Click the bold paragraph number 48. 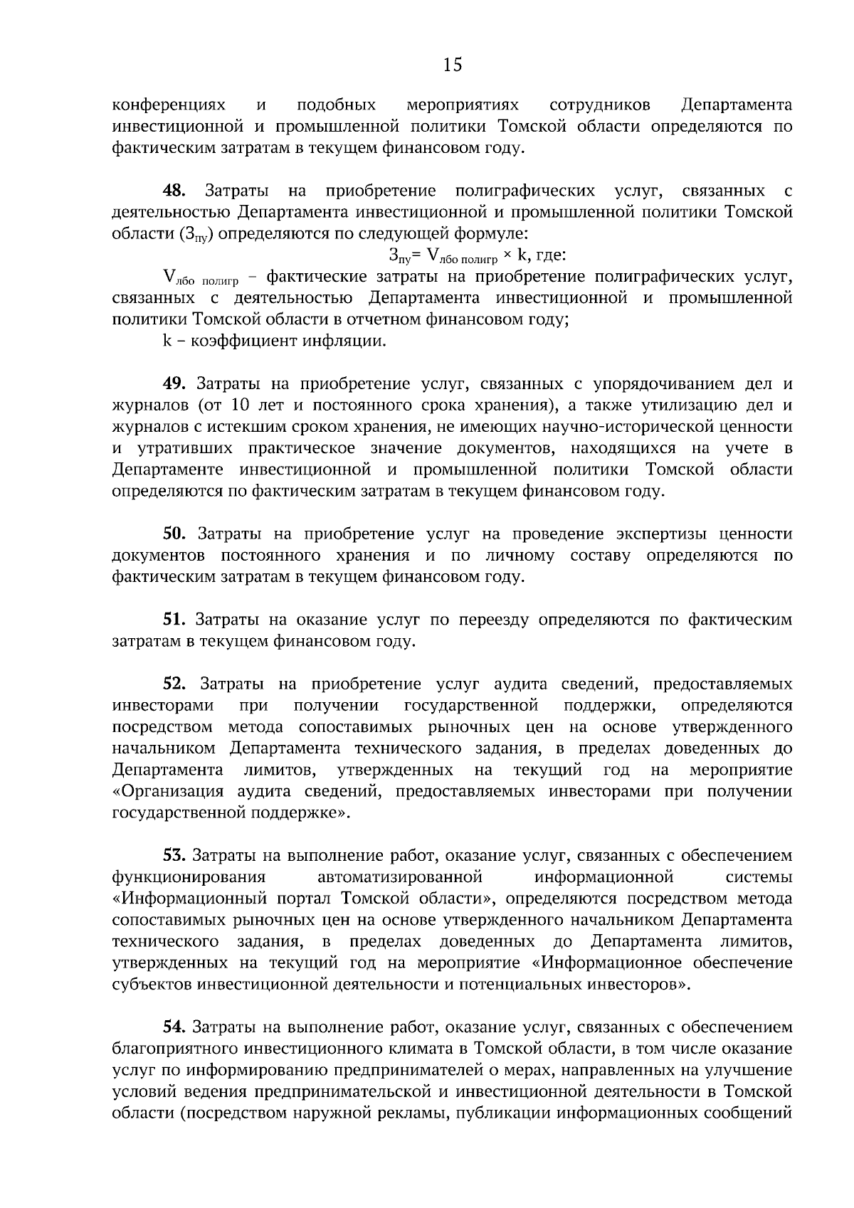pyautogui.click(x=174, y=191)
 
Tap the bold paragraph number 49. pyautogui.click(x=174, y=384)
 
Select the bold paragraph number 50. pyautogui.click(x=174, y=534)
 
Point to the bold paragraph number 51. pyautogui.click(x=174, y=620)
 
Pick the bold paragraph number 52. pyautogui.click(x=174, y=684)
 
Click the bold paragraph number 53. pyautogui.click(x=174, y=855)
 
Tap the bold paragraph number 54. pyautogui.click(x=174, y=1027)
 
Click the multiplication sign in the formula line pyautogui.click(x=507, y=255)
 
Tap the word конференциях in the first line pyautogui.click(x=169, y=105)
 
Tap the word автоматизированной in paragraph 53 pyautogui.click(x=400, y=876)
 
